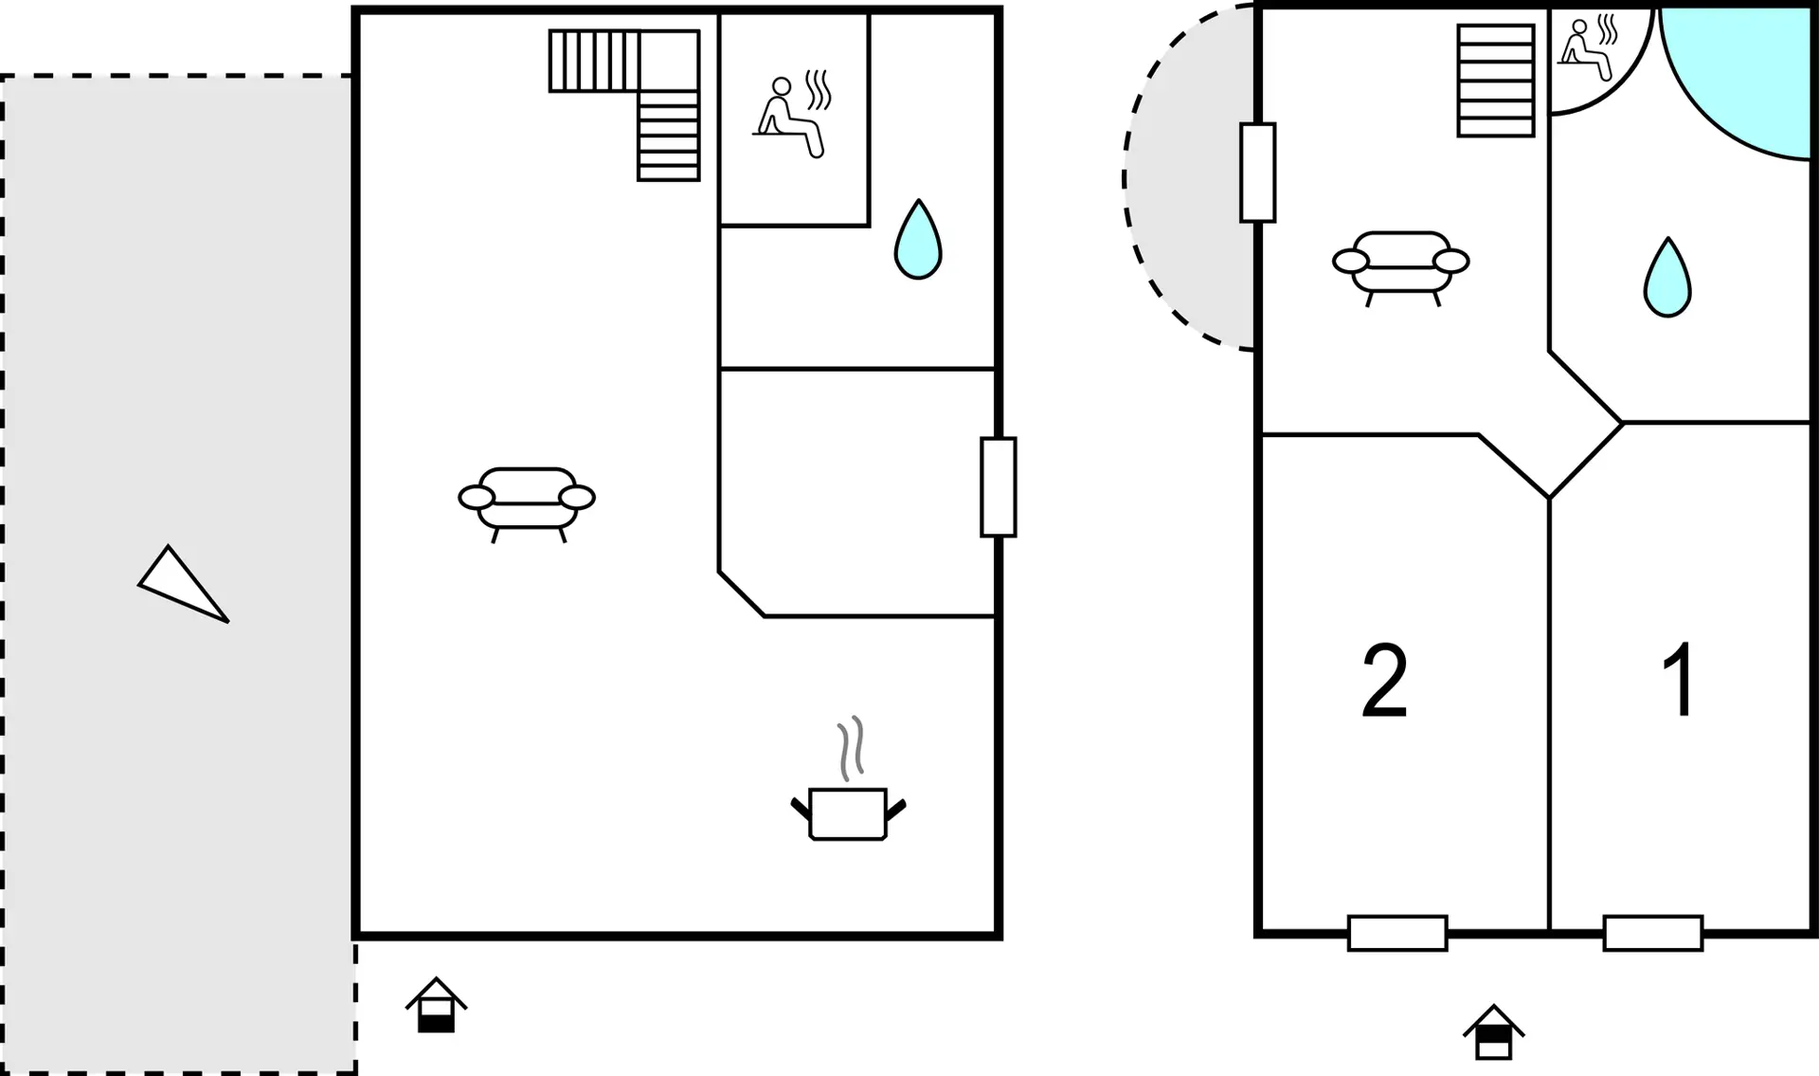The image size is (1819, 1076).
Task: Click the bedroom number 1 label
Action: (1680, 680)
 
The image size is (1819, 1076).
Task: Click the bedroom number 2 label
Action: (1384, 680)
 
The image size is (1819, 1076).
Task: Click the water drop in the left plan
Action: (918, 239)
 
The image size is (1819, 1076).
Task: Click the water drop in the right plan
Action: (1667, 277)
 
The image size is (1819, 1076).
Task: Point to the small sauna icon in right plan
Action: (1588, 47)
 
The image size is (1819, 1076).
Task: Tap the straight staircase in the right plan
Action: (1496, 81)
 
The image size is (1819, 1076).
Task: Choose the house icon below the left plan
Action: (437, 1005)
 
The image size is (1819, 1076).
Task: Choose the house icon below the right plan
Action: (1494, 1031)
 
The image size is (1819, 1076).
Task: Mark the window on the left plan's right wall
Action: (999, 487)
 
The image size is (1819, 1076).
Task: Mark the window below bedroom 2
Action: (1397, 933)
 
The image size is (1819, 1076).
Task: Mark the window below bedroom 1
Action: (1653, 933)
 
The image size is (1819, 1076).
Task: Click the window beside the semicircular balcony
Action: (1258, 173)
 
